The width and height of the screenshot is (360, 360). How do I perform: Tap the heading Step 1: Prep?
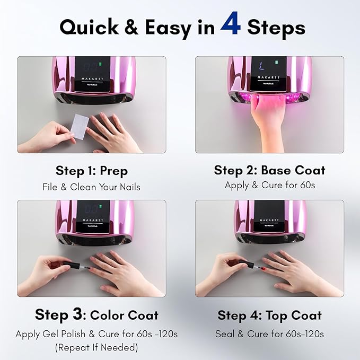[92, 171]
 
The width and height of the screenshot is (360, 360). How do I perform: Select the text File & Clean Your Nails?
[92, 187]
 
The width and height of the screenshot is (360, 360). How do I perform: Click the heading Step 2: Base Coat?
[269, 170]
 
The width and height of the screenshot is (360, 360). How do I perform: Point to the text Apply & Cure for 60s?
[269, 185]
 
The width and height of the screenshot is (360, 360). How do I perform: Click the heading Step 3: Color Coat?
[96, 315]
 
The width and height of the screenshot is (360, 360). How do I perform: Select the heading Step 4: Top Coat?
[269, 315]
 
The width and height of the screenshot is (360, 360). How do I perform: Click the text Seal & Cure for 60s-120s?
[269, 334]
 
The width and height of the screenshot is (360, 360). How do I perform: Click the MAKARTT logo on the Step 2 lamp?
[270, 77]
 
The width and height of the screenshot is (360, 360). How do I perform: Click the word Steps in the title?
[276, 27]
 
